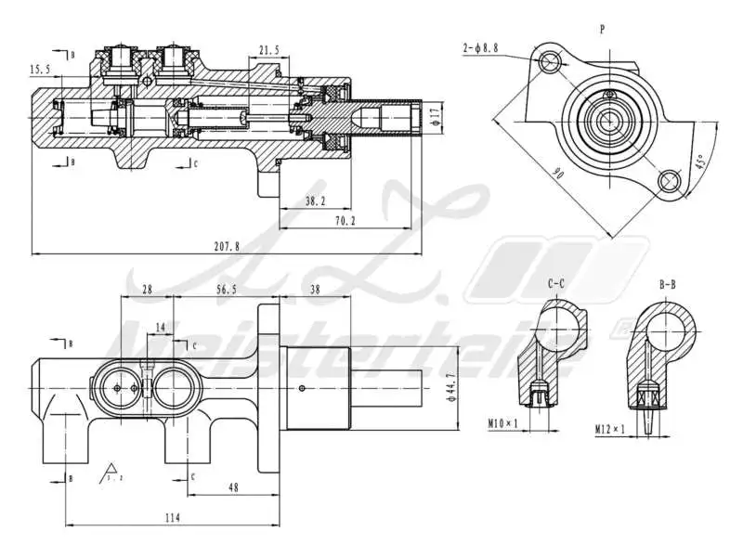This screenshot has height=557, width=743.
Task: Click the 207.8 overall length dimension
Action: [226, 247]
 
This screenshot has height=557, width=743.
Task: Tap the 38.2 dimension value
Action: [316, 200]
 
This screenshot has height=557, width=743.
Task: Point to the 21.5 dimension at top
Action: [269, 50]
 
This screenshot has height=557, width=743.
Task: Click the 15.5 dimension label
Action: [40, 69]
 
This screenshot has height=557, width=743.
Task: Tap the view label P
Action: [603, 29]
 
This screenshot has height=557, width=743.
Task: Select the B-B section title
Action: [667, 283]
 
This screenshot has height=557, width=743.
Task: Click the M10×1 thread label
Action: [504, 424]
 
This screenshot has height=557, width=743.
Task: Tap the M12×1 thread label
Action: [610, 429]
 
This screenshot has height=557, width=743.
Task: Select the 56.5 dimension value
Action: [227, 290]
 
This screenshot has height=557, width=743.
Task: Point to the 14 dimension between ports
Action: [161, 327]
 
